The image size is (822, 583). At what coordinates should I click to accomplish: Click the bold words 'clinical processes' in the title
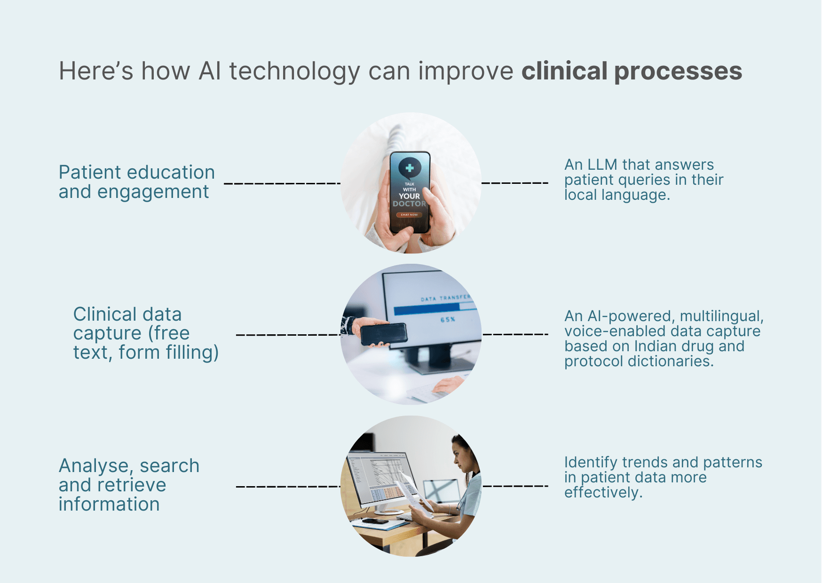(x=632, y=71)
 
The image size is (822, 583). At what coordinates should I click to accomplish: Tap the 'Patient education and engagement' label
(x=136, y=182)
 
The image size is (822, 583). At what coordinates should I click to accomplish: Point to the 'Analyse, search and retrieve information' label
(x=129, y=485)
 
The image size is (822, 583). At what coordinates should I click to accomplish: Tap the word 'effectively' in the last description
(x=602, y=493)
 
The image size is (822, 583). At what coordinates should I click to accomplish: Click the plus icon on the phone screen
(x=410, y=167)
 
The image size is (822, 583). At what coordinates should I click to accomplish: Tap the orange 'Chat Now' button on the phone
(x=409, y=215)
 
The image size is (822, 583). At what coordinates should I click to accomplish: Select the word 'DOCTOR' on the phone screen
(x=409, y=204)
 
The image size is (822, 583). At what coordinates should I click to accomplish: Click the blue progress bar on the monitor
(x=426, y=308)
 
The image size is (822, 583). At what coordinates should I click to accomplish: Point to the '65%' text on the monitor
(x=448, y=320)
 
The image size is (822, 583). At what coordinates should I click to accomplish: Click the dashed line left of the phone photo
(x=282, y=183)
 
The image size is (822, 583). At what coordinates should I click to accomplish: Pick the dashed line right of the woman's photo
(x=515, y=486)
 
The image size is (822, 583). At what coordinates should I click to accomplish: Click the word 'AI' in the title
(x=210, y=71)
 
